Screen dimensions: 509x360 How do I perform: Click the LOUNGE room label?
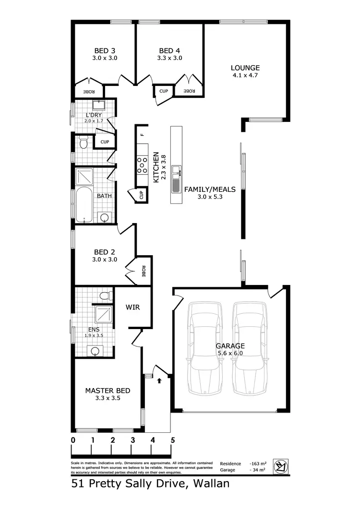tap(245, 68)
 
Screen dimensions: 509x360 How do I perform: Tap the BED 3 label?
tap(104, 50)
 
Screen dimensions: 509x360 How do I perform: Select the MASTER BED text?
tap(108, 391)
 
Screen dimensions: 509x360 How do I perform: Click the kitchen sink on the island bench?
tap(177, 170)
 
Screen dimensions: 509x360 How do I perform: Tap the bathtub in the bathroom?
tap(84, 204)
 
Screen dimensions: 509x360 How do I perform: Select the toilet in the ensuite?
tap(103, 295)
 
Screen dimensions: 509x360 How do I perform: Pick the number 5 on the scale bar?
tap(172, 440)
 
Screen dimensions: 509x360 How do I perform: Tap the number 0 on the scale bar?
tap(73, 440)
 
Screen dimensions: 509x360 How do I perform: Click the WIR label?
tap(132, 307)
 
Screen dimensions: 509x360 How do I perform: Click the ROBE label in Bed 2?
tap(143, 272)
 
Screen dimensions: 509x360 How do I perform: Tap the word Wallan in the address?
tap(209, 484)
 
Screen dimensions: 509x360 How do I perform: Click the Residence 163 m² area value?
tap(258, 463)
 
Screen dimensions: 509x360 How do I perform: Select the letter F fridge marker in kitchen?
tap(142, 135)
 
